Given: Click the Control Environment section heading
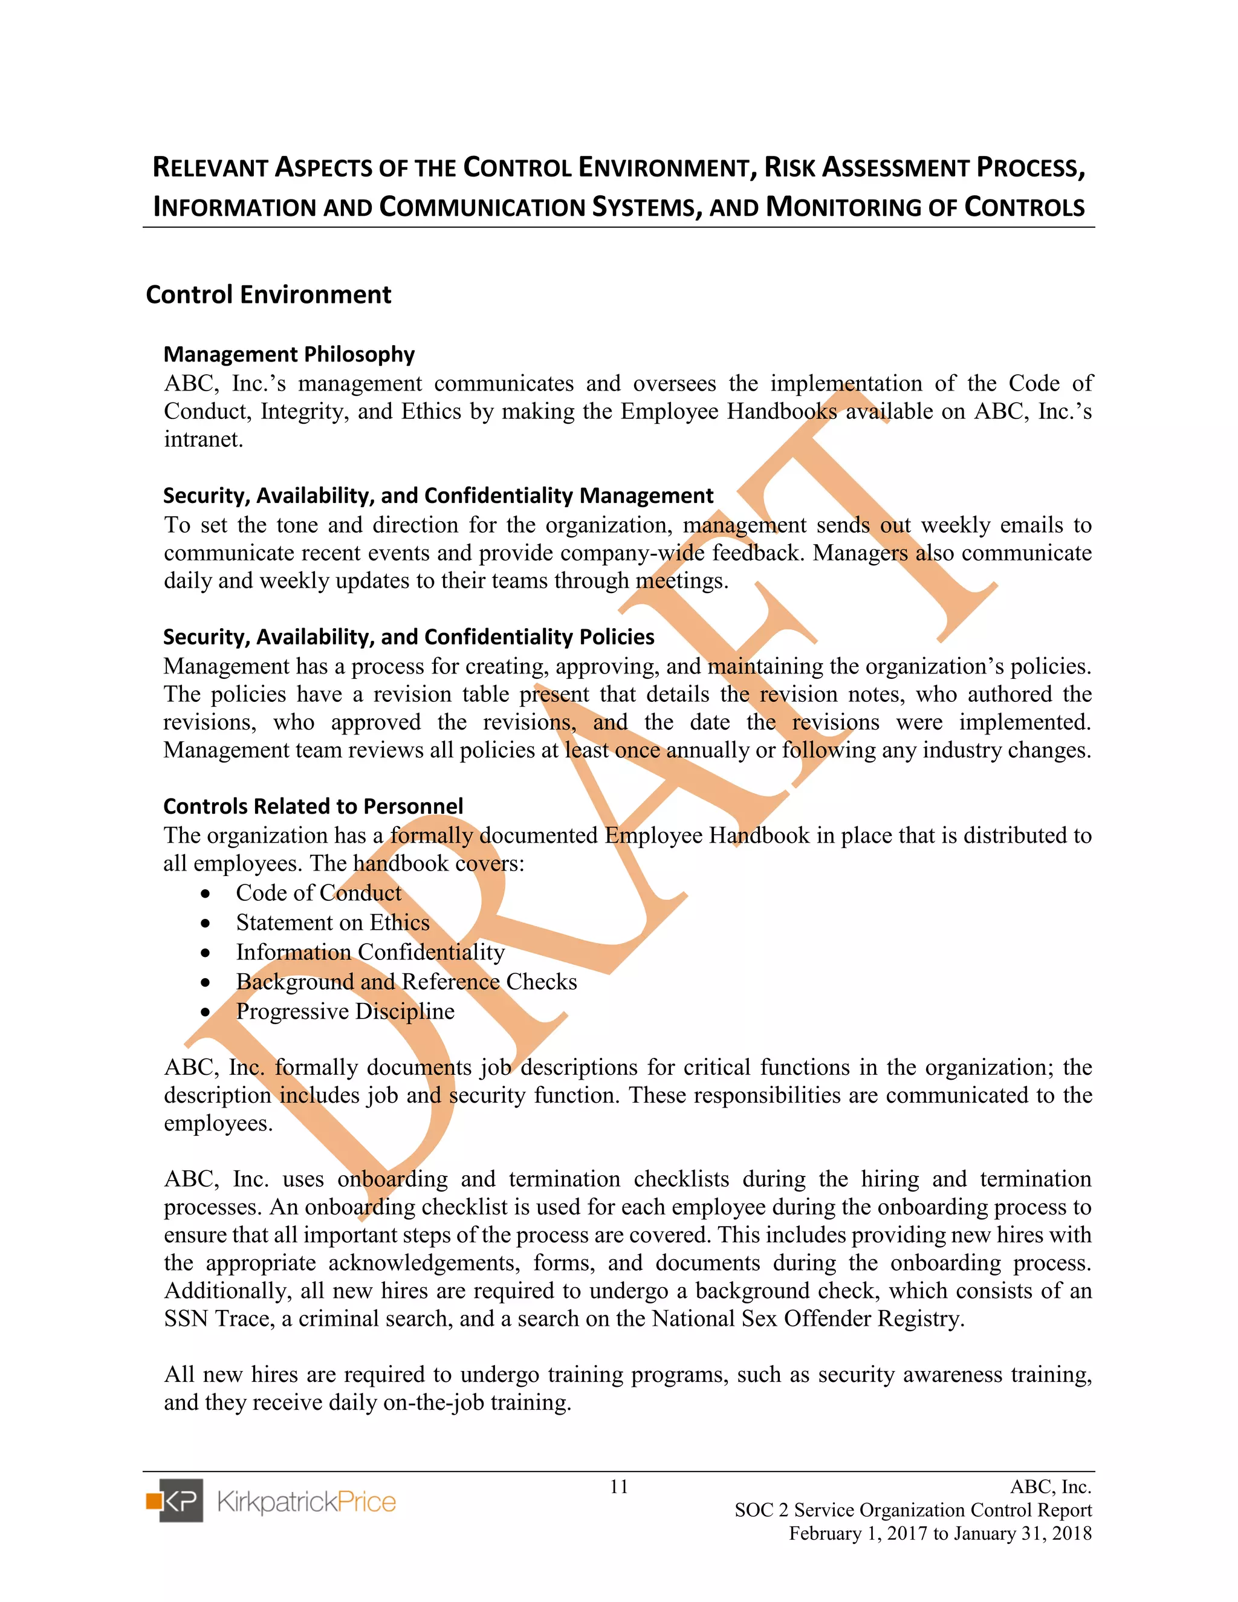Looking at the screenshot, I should (268, 295).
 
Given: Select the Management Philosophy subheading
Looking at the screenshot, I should (289, 354).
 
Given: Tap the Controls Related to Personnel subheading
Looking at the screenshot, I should (313, 806).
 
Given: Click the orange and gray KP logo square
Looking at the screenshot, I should (175, 1501).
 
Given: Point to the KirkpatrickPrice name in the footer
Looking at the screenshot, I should (306, 1502).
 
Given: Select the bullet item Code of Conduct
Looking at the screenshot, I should (319, 893).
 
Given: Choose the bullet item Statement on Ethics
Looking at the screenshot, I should (332, 922).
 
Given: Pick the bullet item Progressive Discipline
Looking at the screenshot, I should (345, 1011).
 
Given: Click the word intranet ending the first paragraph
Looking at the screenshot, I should (203, 439).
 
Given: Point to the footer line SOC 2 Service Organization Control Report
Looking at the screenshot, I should (913, 1510).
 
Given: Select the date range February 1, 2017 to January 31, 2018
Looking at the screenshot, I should (940, 1534).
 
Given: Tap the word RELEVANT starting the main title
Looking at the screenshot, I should (209, 168).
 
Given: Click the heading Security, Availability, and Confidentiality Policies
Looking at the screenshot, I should (409, 637).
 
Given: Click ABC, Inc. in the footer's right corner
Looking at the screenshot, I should (1050, 1487).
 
